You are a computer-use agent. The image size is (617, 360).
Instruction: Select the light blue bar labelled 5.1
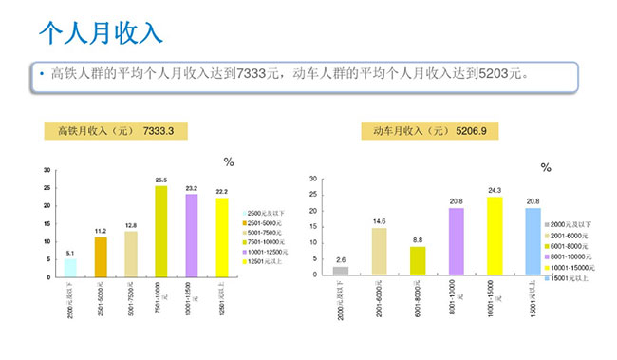(x=70, y=267)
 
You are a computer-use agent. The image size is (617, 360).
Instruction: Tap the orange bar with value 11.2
(x=101, y=256)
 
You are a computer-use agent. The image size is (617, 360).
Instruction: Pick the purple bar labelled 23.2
(x=191, y=235)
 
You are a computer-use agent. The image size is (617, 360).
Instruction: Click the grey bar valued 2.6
(x=341, y=270)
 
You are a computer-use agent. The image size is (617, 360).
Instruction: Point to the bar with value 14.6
(x=379, y=251)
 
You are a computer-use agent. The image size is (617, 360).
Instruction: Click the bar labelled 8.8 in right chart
(x=418, y=260)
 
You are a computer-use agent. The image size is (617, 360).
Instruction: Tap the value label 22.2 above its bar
(x=221, y=191)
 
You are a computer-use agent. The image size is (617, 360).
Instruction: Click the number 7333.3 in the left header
(x=159, y=131)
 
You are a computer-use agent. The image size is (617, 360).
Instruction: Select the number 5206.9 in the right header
(x=471, y=131)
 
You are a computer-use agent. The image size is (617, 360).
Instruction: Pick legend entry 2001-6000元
(x=570, y=234)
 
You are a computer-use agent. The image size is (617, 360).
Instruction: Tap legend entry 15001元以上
(x=570, y=278)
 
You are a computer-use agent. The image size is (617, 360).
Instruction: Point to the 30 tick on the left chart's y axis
(x=47, y=170)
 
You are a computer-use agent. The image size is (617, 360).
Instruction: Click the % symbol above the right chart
(x=546, y=168)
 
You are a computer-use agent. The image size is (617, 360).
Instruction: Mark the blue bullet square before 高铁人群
(x=42, y=72)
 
